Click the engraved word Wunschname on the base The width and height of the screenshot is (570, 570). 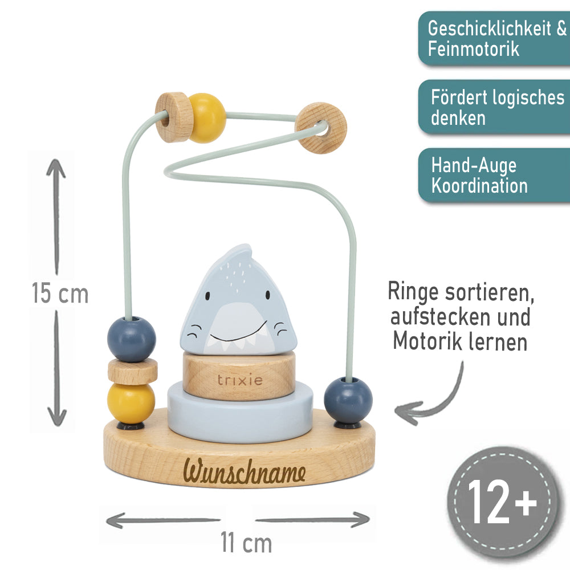245,473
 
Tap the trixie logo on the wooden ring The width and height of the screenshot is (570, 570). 240,380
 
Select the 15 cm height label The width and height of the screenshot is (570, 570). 60,294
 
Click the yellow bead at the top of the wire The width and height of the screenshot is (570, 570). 206,118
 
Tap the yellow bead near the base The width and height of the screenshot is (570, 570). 132,402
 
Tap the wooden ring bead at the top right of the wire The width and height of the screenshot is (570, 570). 322,128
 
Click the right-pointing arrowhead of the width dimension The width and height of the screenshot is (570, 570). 360,519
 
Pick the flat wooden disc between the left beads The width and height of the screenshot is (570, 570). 132,371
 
